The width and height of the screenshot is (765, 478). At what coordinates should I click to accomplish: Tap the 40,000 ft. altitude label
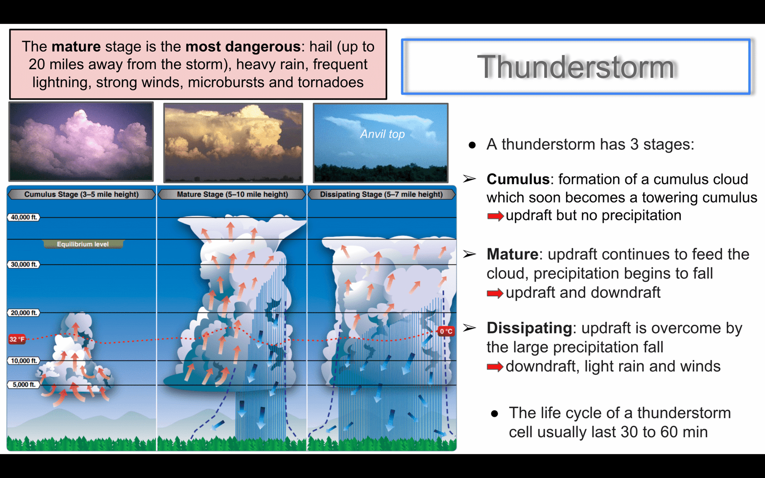[x=23, y=217]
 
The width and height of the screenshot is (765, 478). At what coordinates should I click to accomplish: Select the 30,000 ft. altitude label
[x=23, y=265]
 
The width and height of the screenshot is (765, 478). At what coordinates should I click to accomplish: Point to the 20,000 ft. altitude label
[x=23, y=313]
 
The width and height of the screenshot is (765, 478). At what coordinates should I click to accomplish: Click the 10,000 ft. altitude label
[x=23, y=361]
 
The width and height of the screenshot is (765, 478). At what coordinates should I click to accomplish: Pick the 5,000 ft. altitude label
[x=24, y=385]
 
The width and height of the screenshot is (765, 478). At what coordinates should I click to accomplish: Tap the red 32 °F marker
[x=17, y=339]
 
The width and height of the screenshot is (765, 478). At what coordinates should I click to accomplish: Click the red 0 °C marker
[x=446, y=331]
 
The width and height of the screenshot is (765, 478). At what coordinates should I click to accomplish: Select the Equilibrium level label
[x=83, y=244]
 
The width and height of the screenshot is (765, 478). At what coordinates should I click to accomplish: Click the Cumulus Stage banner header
[x=81, y=194]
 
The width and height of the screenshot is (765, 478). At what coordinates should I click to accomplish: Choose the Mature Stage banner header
[x=232, y=194]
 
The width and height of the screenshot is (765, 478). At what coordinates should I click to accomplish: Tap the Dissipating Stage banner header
[x=382, y=194]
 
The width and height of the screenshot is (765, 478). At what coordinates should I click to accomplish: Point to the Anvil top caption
[x=382, y=134]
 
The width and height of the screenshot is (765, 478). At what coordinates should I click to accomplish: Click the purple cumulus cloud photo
[x=81, y=141]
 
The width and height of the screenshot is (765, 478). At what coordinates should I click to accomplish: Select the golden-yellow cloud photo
[x=233, y=143]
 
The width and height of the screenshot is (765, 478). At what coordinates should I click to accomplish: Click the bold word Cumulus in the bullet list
[x=518, y=179]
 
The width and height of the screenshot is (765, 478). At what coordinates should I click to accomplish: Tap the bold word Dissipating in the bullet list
[x=529, y=328]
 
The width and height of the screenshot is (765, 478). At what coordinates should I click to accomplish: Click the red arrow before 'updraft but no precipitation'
[x=495, y=216]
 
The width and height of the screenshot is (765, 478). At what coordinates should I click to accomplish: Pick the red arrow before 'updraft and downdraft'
[x=495, y=293]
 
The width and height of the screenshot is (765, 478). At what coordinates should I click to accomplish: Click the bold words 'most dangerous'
[x=243, y=47]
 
